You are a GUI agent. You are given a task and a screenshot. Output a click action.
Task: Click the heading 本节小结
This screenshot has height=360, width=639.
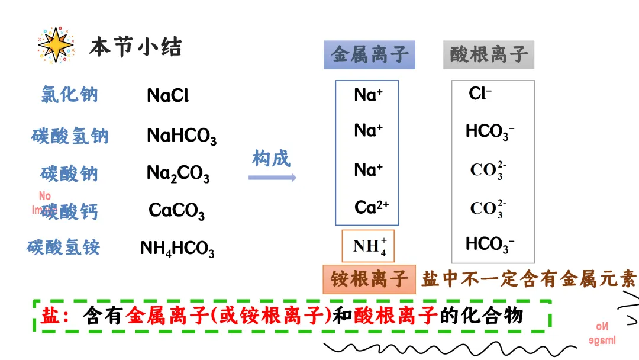pyautogui.click(x=135, y=47)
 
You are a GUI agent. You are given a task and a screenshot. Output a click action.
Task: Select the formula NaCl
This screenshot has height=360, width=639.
pyautogui.click(x=167, y=95)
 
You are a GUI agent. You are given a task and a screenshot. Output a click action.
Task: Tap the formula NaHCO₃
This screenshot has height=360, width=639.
pyautogui.click(x=182, y=136)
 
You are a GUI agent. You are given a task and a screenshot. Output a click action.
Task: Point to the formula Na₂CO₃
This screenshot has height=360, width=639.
pyautogui.click(x=178, y=173)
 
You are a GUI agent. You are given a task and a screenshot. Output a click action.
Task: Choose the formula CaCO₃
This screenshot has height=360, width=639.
pyautogui.click(x=177, y=211)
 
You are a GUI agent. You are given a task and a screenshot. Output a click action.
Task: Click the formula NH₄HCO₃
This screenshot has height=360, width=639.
pyautogui.click(x=177, y=249)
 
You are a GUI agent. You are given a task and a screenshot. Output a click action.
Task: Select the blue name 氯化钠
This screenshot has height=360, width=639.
pyautogui.click(x=69, y=94)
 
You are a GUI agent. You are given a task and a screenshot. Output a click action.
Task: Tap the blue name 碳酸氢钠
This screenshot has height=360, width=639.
pyautogui.click(x=70, y=136)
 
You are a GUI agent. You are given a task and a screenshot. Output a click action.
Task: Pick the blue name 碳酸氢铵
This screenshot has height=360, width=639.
pyautogui.click(x=63, y=247)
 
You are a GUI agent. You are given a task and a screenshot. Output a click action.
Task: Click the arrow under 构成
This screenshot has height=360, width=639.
pyautogui.click(x=272, y=177)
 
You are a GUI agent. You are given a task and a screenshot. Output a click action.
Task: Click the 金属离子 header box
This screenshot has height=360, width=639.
pyautogui.click(x=370, y=55)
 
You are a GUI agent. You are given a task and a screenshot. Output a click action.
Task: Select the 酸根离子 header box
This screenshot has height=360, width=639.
pyautogui.click(x=489, y=55)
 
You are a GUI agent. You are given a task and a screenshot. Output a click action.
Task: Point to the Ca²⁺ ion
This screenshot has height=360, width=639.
pyautogui.click(x=372, y=207)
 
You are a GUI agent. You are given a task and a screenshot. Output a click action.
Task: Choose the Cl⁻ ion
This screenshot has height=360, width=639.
pyautogui.click(x=480, y=94)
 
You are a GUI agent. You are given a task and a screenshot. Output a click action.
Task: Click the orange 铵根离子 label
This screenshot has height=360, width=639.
pyautogui.click(x=370, y=279)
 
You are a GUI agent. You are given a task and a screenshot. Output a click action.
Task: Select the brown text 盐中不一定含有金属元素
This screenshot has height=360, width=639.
pyautogui.click(x=528, y=279)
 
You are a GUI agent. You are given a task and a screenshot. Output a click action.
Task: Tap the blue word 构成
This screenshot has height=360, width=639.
pyautogui.click(x=272, y=158)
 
